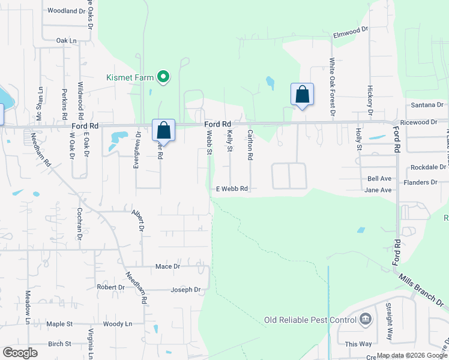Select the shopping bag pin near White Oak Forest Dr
[302, 95]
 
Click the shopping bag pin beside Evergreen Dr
[163, 131]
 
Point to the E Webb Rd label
[232, 188]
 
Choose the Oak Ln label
[67, 40]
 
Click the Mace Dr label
[167, 266]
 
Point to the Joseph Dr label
[185, 290]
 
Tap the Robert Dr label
[110, 287]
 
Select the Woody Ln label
[117, 324]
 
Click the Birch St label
[59, 344]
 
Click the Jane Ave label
[378, 190]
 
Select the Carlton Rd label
[250, 145]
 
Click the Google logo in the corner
[20, 353]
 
